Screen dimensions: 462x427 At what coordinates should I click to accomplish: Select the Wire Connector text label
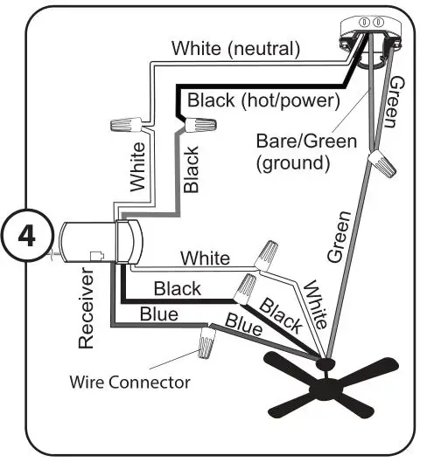130,382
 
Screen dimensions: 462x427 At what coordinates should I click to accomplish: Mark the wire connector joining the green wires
381,163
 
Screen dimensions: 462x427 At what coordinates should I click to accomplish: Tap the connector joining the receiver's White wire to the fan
266,256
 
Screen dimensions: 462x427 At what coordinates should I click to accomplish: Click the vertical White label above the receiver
138,166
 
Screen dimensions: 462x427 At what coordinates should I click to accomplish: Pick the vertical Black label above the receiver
192,169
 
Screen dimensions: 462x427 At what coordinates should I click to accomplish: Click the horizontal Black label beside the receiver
178,287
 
